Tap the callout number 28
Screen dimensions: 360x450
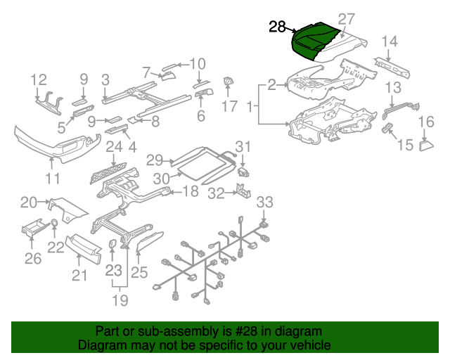pyautogui.click(x=278, y=27)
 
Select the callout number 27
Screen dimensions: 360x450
pyautogui.click(x=347, y=19)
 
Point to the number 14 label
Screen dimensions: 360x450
pyautogui.click(x=390, y=41)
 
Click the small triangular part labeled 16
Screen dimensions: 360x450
pyautogui.click(x=426, y=146)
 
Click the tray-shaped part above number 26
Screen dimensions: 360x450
pyautogui.click(x=32, y=231)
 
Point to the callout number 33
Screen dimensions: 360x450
pyautogui.click(x=264, y=203)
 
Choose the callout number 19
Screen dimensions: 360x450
pyautogui.click(x=120, y=301)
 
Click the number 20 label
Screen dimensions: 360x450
pyautogui.click(x=29, y=202)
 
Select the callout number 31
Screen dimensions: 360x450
pyautogui.click(x=243, y=146)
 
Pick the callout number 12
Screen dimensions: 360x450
pyautogui.click(x=38, y=79)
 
